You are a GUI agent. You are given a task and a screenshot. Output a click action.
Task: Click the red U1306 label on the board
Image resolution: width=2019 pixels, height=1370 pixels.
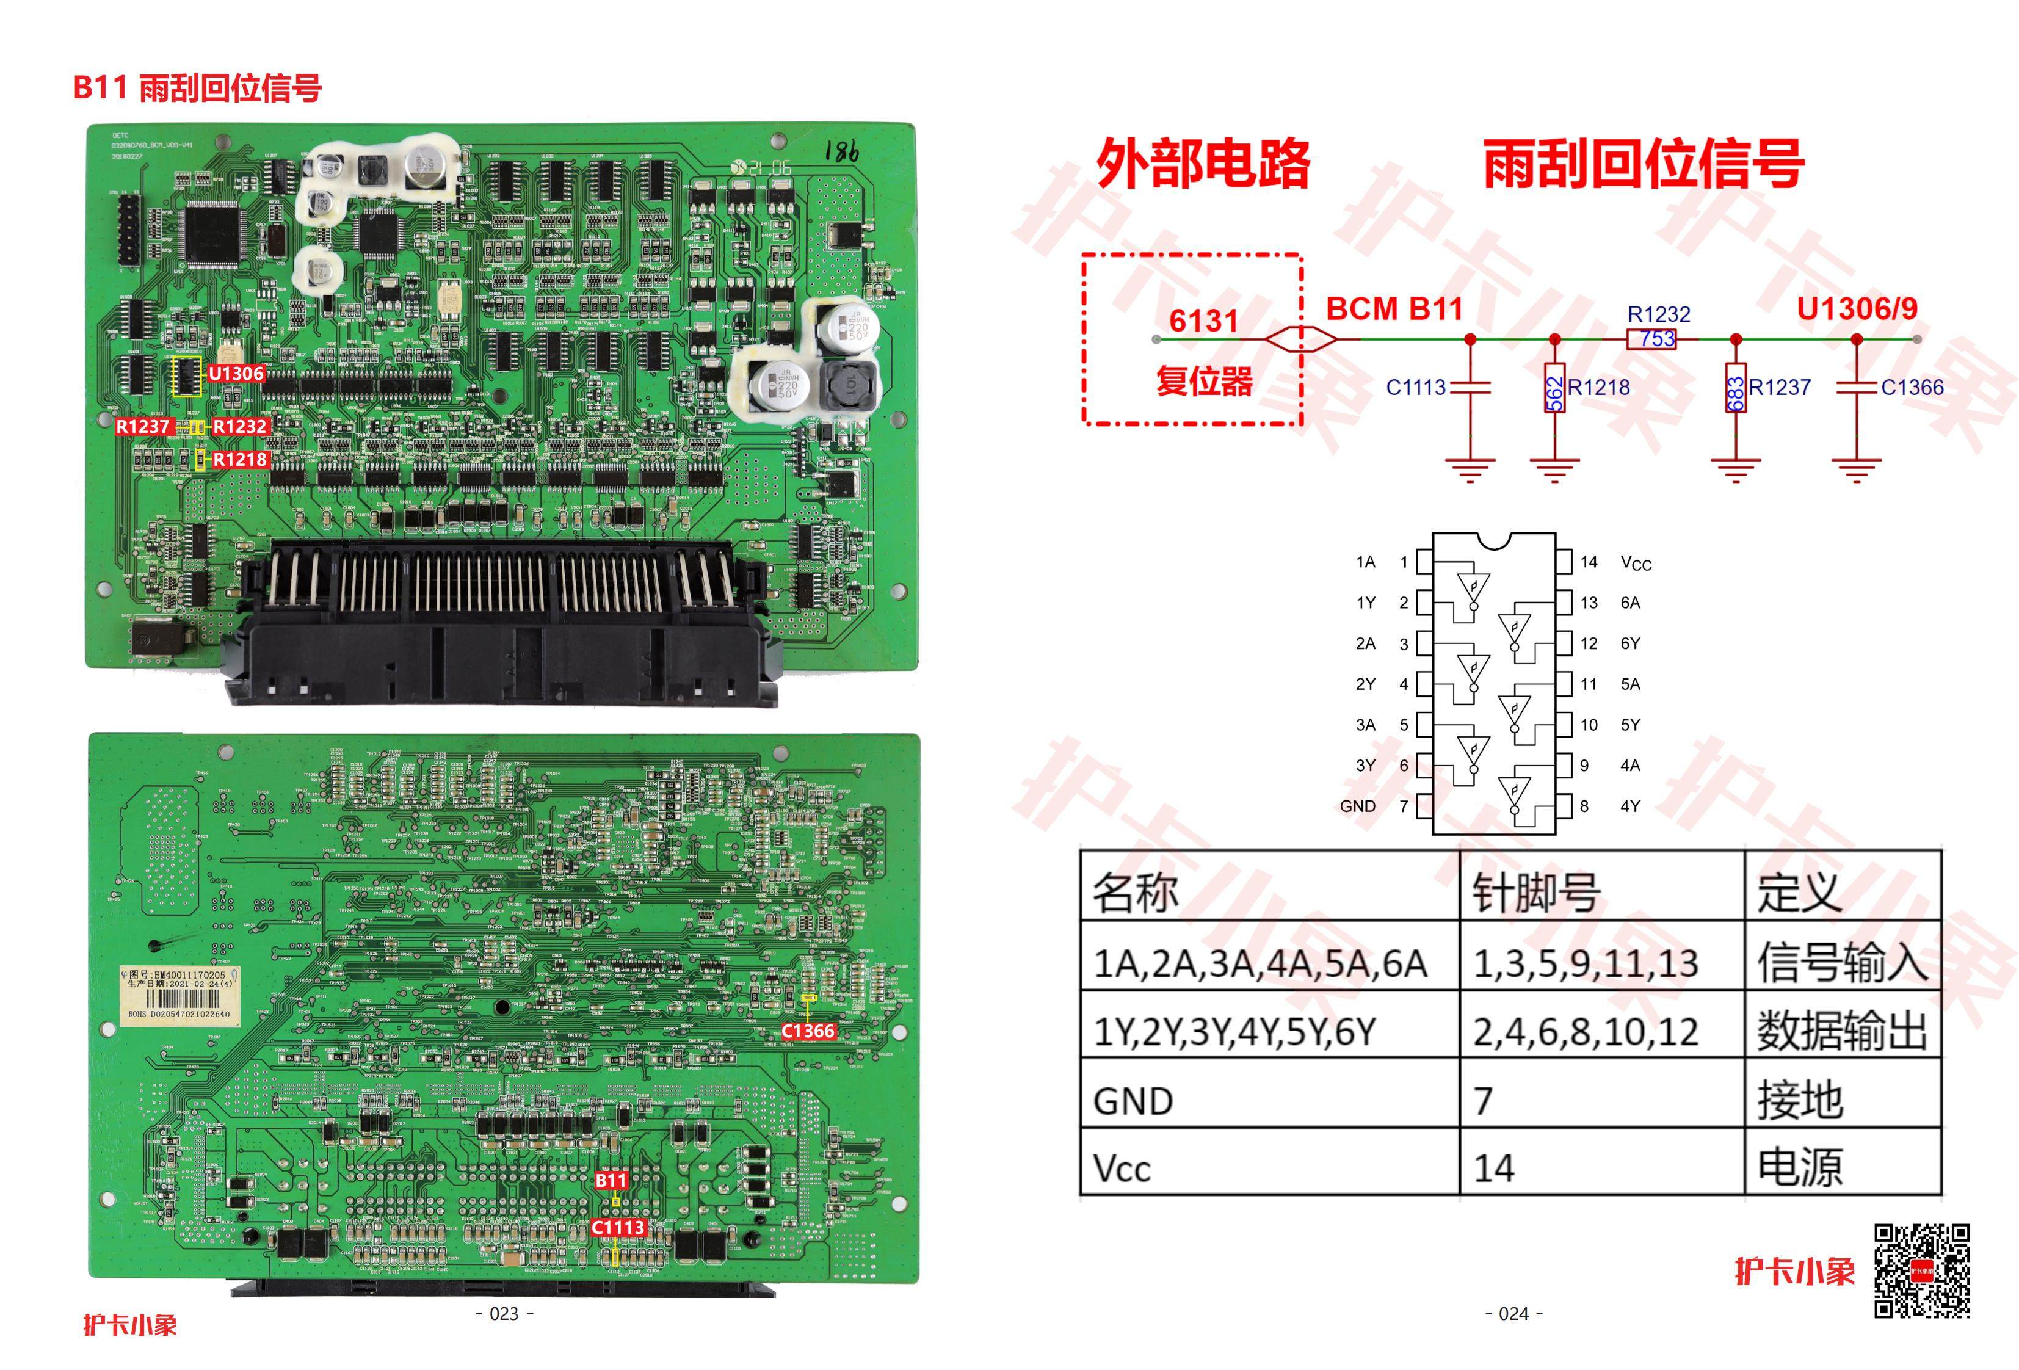tap(236, 374)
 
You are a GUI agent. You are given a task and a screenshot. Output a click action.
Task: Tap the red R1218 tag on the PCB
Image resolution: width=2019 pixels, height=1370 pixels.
tap(240, 460)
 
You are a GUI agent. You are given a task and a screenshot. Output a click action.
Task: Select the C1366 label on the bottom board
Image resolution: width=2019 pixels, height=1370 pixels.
tap(808, 1031)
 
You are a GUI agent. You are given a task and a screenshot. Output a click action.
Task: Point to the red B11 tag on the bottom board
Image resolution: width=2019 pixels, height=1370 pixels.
tap(611, 1180)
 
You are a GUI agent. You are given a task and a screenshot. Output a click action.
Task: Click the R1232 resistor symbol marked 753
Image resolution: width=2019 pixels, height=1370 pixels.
tap(1651, 339)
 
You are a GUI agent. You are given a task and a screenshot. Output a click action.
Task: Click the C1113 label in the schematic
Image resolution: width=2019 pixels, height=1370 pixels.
tap(1415, 388)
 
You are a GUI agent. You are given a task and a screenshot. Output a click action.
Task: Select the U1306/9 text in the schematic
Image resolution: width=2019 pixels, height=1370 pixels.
tap(1857, 308)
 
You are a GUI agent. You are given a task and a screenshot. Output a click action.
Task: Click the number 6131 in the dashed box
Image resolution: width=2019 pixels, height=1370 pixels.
tap(1203, 321)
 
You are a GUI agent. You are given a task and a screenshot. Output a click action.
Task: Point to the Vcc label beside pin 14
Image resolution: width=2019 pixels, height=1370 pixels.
tap(1636, 563)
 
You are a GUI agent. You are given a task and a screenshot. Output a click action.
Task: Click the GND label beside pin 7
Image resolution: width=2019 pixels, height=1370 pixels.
tap(1357, 806)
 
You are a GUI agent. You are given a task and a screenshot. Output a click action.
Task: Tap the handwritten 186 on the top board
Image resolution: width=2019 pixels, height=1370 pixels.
tap(841, 151)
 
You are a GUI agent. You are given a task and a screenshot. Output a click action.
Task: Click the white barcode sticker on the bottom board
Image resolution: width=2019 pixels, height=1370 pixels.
tap(179, 993)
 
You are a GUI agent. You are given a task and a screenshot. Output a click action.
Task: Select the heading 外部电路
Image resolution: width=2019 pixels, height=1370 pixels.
tap(1203, 164)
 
